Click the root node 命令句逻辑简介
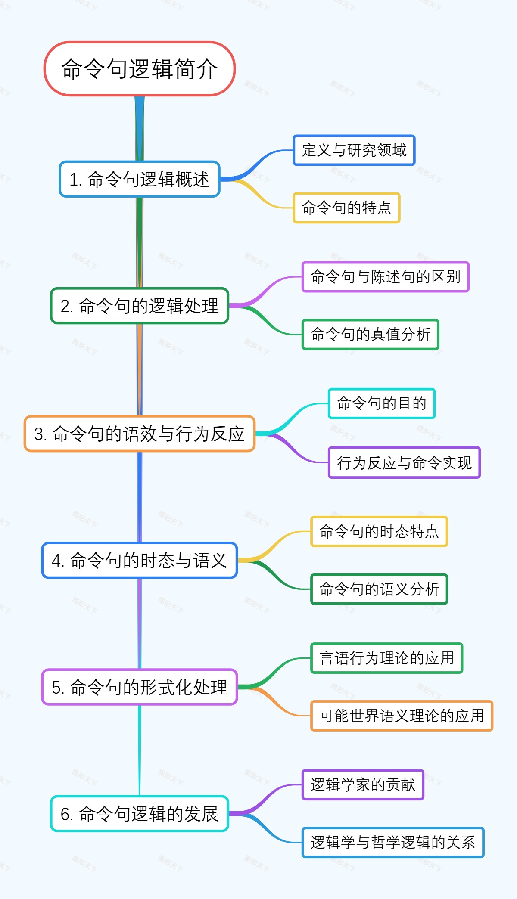point(139,69)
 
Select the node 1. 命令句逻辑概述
point(139,179)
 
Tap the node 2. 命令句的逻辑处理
point(139,306)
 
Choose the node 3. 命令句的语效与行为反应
point(139,434)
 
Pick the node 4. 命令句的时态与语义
point(139,560)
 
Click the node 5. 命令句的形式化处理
point(139,687)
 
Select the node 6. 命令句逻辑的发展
point(139,813)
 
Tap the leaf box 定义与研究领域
point(354,150)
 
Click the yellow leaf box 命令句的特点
point(346,208)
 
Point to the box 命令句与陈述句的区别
point(385,277)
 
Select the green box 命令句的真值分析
point(370,335)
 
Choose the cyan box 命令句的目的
point(381,403)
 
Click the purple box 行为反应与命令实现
point(404,463)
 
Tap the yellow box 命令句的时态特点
point(379,532)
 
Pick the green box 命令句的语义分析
point(379,589)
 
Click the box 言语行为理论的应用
point(386,658)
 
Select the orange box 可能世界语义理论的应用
point(402,716)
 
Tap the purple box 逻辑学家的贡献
point(363,784)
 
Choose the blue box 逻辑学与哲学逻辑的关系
point(392,842)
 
